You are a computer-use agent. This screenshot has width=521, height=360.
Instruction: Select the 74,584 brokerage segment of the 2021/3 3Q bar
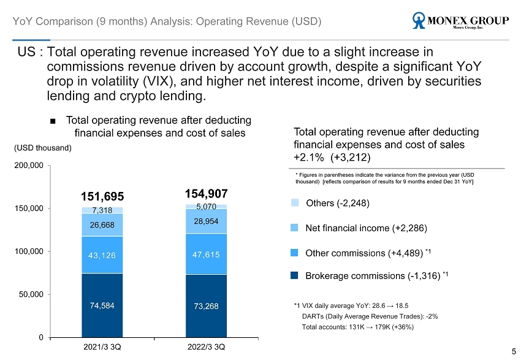tap(102, 305)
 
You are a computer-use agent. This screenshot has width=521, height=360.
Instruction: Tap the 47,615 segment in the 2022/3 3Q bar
tap(206, 254)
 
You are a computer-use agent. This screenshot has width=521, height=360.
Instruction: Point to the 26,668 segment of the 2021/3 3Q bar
tap(102, 224)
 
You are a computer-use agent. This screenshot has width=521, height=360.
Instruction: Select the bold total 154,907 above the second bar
tap(206, 194)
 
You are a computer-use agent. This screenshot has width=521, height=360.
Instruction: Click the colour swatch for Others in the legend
tap(295, 202)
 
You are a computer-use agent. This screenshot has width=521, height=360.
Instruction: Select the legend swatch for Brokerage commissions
tap(295, 276)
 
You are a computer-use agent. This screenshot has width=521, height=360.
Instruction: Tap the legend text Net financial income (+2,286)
tap(365, 228)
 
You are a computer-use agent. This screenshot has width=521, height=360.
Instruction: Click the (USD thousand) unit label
tap(43, 148)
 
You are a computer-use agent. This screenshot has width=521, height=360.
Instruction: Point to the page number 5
tap(513, 351)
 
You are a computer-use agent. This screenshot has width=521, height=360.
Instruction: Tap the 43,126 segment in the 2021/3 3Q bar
tap(102, 255)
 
